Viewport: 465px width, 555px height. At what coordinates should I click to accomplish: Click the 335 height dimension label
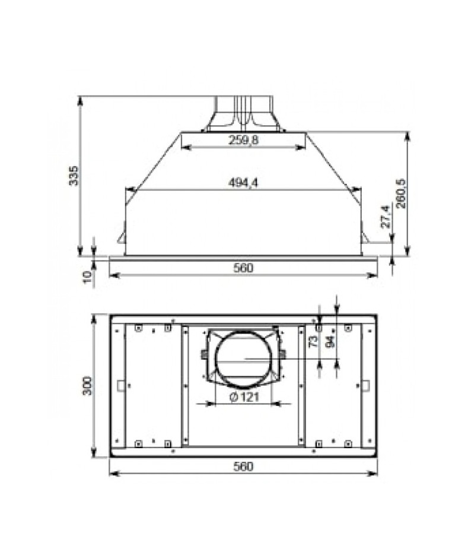pyautogui.click(x=74, y=175)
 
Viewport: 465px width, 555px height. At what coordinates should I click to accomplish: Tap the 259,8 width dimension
pyautogui.click(x=243, y=140)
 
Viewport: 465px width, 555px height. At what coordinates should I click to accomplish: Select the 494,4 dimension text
pyautogui.click(x=243, y=183)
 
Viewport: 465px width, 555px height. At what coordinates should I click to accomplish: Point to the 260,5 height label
pyautogui.click(x=401, y=194)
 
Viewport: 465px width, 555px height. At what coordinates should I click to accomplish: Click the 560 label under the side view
pyautogui.click(x=243, y=268)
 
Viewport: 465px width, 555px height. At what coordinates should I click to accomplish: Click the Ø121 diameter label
pyautogui.click(x=244, y=397)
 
